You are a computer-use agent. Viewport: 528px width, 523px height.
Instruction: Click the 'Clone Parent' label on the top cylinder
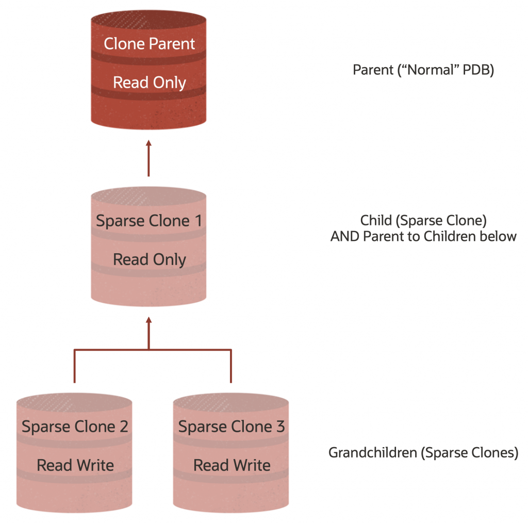coord(149,44)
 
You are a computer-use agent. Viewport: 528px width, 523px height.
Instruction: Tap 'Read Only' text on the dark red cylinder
coord(149,83)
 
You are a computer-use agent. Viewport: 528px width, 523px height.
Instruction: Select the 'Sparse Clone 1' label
coord(149,221)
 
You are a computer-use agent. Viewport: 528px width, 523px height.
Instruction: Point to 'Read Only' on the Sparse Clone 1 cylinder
coord(149,259)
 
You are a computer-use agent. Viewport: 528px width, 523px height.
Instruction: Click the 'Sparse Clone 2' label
coord(75,427)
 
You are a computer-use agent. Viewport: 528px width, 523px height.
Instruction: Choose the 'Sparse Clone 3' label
coord(232,427)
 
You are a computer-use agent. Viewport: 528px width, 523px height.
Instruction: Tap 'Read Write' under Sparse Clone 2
coord(75,465)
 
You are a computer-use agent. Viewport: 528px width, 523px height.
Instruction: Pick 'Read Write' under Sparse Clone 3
coord(232,465)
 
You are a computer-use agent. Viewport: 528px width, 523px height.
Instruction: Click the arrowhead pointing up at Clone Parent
coord(148,143)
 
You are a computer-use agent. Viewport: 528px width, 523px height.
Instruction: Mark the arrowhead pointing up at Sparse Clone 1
coord(148,320)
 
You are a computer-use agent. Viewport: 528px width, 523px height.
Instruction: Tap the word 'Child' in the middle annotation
coord(375,221)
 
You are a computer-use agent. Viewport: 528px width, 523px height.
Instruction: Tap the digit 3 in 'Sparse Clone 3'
coord(280,427)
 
